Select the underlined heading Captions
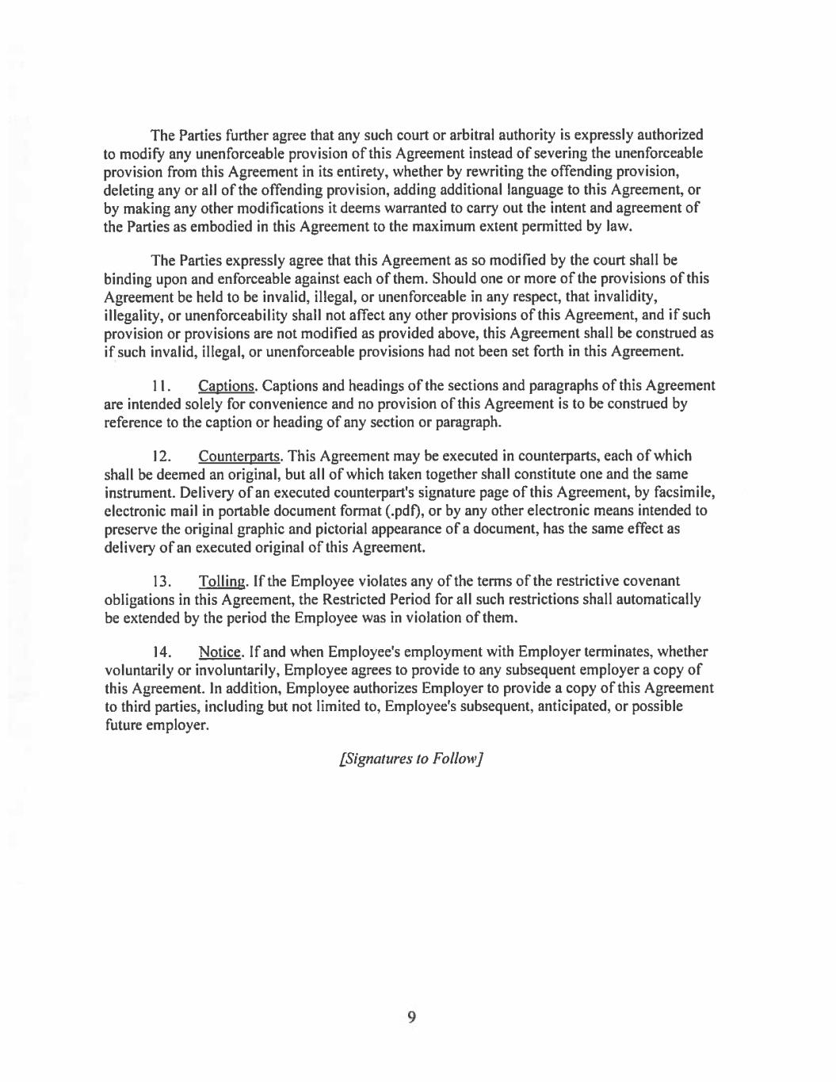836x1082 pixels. coord(227,386)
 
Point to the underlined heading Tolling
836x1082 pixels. coord(223,582)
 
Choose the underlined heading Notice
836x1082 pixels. coord(219,652)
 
